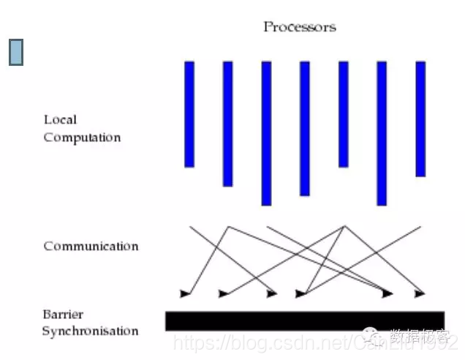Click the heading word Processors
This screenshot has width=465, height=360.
click(299, 27)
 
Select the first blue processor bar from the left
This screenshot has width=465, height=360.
click(189, 113)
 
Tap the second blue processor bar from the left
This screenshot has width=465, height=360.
click(227, 123)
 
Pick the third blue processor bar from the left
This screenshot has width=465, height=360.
click(266, 132)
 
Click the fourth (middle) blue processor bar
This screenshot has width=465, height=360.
click(305, 128)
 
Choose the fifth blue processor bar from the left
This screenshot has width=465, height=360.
click(343, 113)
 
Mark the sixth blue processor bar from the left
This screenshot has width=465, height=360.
click(381, 132)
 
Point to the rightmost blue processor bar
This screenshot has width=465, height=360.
click(420, 119)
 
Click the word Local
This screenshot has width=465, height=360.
click(60, 120)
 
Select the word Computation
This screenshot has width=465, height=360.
click(82, 138)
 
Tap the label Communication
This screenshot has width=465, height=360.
click(91, 246)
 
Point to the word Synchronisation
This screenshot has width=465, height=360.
click(90, 331)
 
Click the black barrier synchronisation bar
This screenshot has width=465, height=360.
click(304, 320)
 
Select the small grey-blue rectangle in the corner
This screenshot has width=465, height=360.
click(16, 51)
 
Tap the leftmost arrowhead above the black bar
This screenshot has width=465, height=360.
click(185, 293)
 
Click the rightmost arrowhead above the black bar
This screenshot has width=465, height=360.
click(420, 293)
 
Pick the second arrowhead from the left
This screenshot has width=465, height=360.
click(224, 293)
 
